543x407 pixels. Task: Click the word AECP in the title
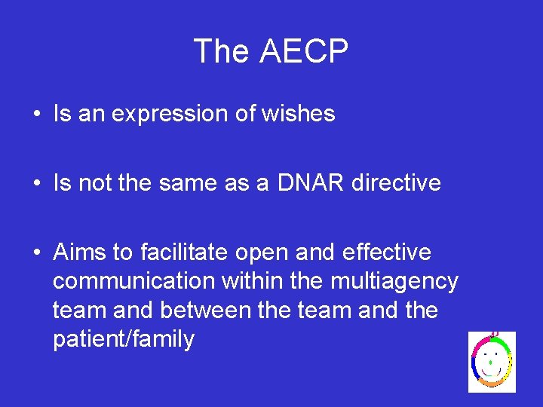pos(304,52)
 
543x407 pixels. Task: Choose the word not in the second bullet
pos(92,182)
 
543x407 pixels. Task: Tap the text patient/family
pos(124,340)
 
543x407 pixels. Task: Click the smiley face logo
pos(492,361)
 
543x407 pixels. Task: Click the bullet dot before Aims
pos(36,252)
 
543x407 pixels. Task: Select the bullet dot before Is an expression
pos(36,115)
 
